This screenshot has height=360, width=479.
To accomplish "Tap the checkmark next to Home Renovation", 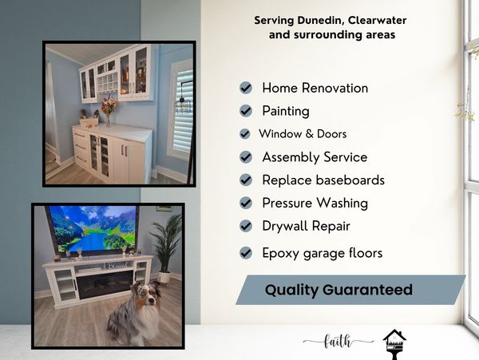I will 246,88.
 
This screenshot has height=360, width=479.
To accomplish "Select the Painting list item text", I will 285,111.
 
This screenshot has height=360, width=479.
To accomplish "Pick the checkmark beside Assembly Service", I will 246,157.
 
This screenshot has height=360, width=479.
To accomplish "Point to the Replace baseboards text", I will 323,180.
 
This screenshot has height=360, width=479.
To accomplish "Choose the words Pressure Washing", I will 315,204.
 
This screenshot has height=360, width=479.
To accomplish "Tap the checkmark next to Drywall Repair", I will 246,227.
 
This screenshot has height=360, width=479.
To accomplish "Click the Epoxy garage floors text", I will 322,253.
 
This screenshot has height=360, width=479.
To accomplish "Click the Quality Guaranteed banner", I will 350,290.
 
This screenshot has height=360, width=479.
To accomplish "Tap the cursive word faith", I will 338,342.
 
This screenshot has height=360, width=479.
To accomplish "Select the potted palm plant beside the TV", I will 166,243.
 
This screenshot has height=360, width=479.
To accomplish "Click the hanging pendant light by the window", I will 180,104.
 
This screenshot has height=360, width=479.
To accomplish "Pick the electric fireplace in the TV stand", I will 104,283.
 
